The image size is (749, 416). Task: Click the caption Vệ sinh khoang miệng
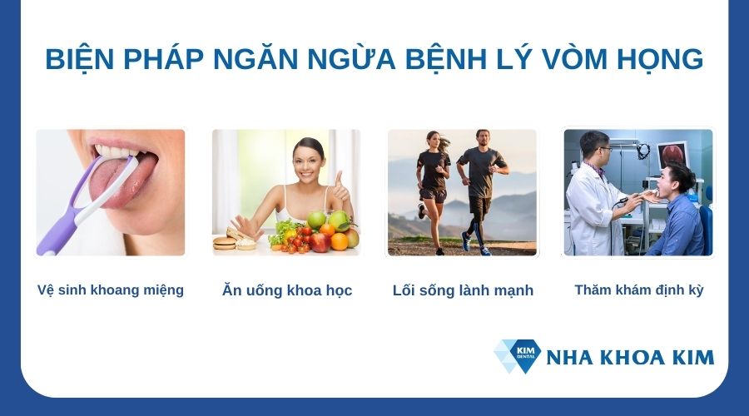pyautogui.click(x=111, y=290)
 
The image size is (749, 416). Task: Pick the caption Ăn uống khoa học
pyautogui.click(x=287, y=290)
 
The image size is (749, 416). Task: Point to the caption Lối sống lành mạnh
pyautogui.click(x=463, y=290)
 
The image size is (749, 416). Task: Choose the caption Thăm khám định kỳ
pyautogui.click(x=639, y=290)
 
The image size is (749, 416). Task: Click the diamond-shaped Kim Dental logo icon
pyautogui.click(x=517, y=355)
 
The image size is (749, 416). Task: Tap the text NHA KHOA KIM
pyautogui.click(x=630, y=358)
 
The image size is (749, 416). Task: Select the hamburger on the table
pyautogui.click(x=225, y=242)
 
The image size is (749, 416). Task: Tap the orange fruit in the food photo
pyautogui.click(x=340, y=241)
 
